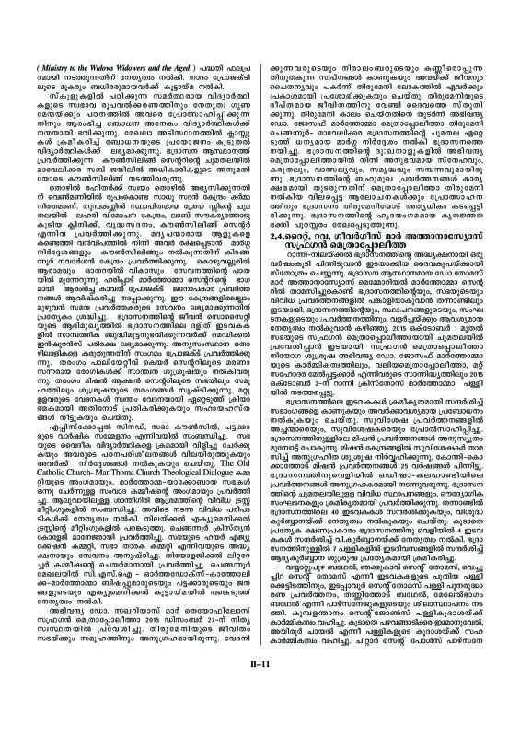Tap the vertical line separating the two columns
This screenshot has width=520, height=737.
(x=261, y=368)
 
